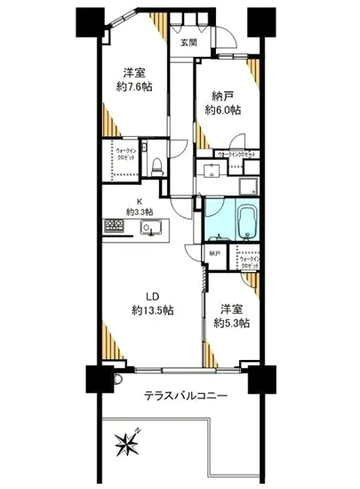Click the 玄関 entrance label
188,42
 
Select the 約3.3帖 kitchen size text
140,212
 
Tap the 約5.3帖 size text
230,323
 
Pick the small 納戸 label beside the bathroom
214,253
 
